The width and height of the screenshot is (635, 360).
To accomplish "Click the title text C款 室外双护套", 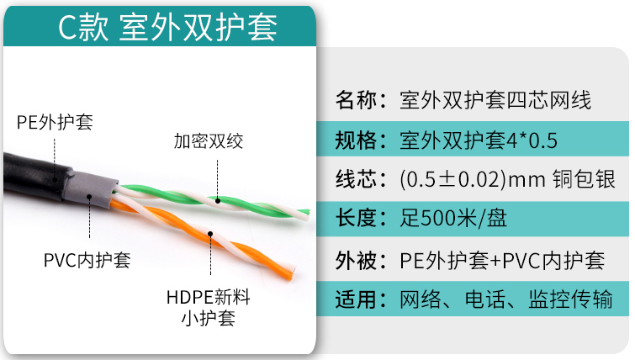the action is [167, 27].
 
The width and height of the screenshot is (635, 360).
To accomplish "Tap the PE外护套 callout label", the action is [55, 122].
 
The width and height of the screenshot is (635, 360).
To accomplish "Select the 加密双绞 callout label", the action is [209, 141].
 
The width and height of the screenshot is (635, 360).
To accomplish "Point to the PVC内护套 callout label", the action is [87, 260].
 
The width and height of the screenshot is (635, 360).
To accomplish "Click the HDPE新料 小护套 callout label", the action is [208, 308].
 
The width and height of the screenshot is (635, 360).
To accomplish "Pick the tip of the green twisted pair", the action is [308, 213].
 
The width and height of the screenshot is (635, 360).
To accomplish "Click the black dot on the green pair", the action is [218, 200].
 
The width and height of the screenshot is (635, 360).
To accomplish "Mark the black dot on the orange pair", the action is [210, 234].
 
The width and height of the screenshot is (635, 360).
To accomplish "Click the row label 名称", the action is [357, 99].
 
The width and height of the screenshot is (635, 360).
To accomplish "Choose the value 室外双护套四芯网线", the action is [495, 99].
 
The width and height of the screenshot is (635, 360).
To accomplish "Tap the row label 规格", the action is [357, 140].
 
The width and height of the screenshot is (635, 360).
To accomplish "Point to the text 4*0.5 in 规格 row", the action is [532, 140].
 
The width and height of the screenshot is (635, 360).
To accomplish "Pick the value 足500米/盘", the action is [453, 218].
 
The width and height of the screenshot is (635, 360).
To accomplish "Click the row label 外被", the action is [357, 260].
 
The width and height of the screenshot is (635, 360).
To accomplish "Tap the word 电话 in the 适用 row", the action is [484, 299].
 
